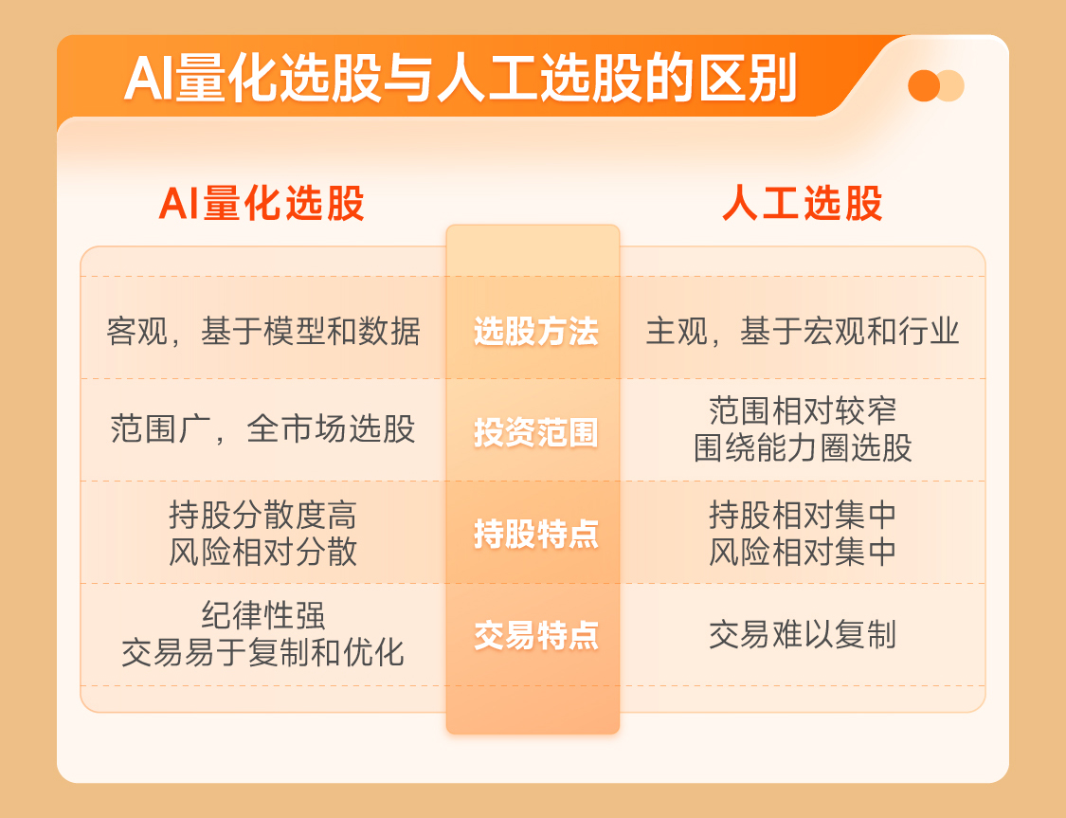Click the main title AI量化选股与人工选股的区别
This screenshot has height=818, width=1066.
(x=461, y=79)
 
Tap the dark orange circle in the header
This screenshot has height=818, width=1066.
(x=923, y=85)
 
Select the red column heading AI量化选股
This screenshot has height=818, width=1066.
(x=262, y=203)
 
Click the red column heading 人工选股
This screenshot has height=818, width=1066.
(x=803, y=203)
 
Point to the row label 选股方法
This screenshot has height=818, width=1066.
(x=535, y=332)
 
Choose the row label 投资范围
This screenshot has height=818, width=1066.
(x=535, y=432)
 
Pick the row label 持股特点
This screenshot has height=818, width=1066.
(x=535, y=534)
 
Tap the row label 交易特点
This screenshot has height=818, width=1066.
(x=535, y=635)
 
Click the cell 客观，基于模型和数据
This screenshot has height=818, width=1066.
(x=263, y=332)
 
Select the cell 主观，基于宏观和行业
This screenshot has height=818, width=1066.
(x=803, y=332)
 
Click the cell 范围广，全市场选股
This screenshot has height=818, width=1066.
(x=263, y=429)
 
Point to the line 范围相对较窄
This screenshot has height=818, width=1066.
(x=803, y=410)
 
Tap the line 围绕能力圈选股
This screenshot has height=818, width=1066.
(x=803, y=448)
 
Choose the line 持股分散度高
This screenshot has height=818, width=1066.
(x=263, y=515)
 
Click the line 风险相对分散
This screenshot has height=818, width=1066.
(x=263, y=552)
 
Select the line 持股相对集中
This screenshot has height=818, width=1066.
(x=803, y=515)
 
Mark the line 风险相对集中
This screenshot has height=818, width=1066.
(x=803, y=552)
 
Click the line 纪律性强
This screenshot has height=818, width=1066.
(x=263, y=615)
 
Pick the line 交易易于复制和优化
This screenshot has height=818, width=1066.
(x=263, y=653)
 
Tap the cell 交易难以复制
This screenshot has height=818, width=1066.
(x=803, y=635)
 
